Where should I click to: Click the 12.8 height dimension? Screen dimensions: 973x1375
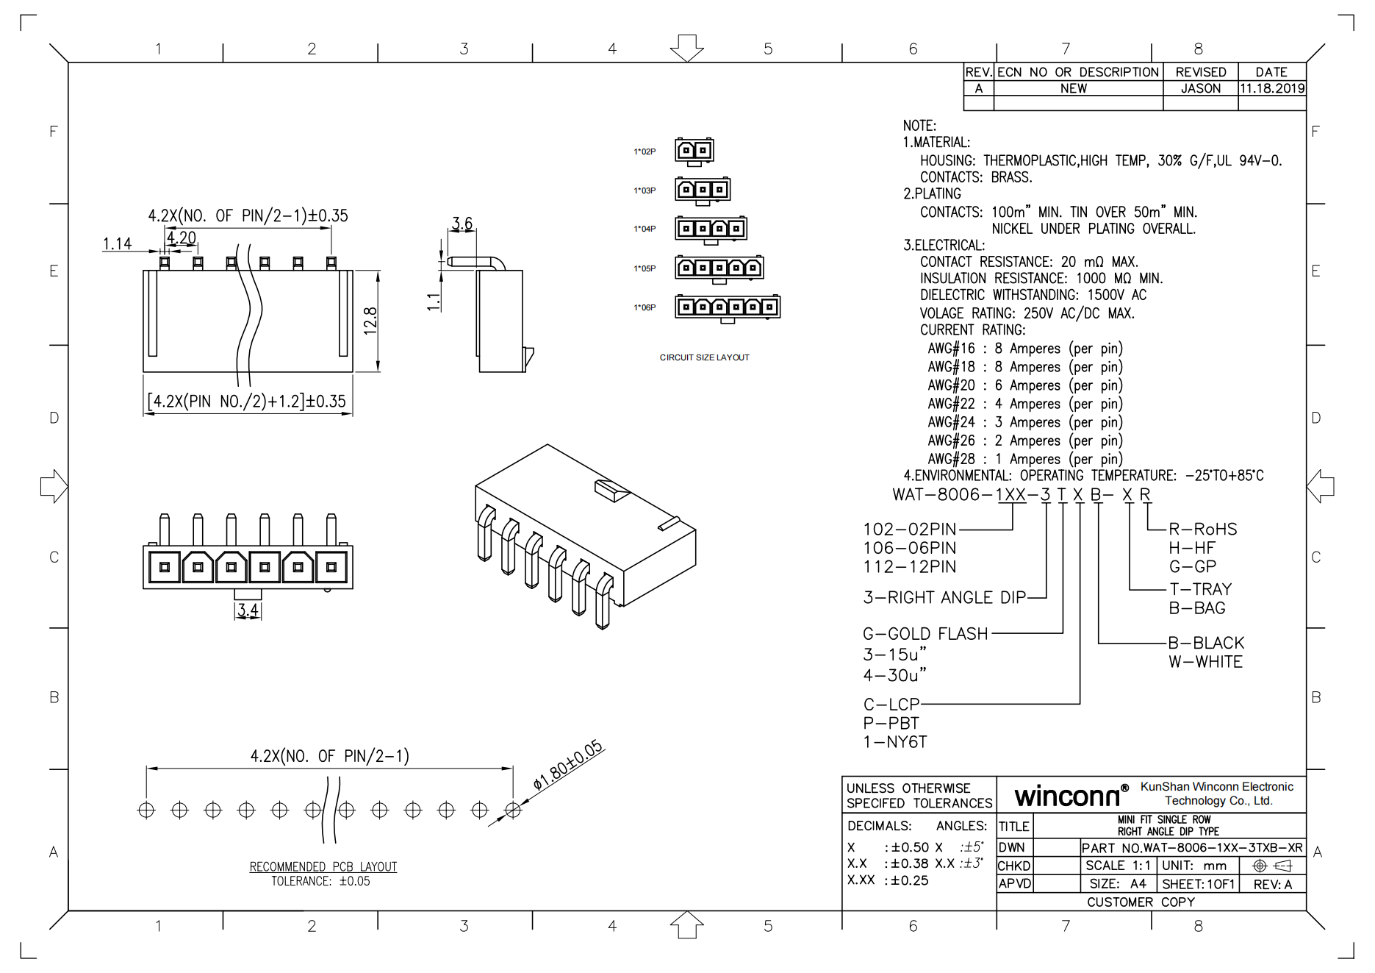click(370, 321)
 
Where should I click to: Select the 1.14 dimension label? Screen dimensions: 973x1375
click(117, 243)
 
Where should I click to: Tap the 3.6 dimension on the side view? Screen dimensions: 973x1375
click(462, 222)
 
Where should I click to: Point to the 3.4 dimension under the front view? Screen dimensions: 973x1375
click(248, 610)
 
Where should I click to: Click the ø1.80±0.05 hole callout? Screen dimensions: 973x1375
click(567, 766)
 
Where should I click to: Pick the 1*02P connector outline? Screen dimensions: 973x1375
click(694, 151)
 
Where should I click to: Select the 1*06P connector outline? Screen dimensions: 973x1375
click(728, 307)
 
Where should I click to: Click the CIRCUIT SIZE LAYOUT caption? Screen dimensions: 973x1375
click(704, 357)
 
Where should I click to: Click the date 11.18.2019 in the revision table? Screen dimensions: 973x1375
click(1272, 88)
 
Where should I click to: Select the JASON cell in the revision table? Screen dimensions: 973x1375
click(1200, 88)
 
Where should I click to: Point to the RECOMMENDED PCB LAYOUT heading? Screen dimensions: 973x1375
click(323, 866)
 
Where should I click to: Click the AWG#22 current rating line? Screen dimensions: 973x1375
click(1024, 404)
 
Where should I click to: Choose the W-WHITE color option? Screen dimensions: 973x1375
click(1205, 662)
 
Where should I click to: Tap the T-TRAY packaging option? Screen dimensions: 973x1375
click(1200, 589)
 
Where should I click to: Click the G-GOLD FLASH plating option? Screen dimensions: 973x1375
click(925, 633)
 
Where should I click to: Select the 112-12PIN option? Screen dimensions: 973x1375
click(909, 567)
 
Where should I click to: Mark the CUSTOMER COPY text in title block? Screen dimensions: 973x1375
click(1141, 902)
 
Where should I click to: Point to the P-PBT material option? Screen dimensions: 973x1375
click(891, 723)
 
